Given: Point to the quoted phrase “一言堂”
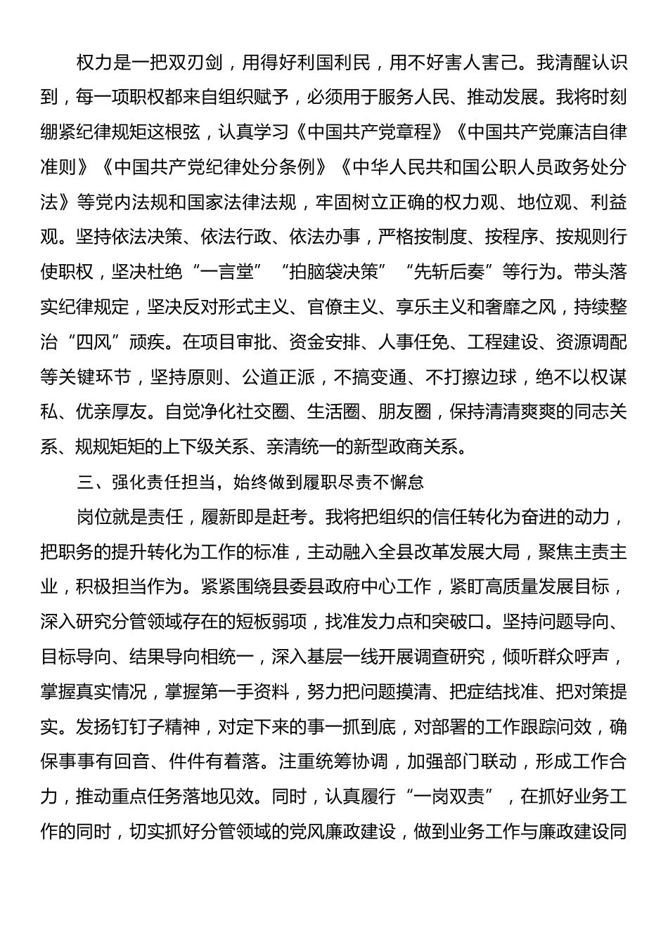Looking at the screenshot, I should [228, 272].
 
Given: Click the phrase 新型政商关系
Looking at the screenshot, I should [414, 447].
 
